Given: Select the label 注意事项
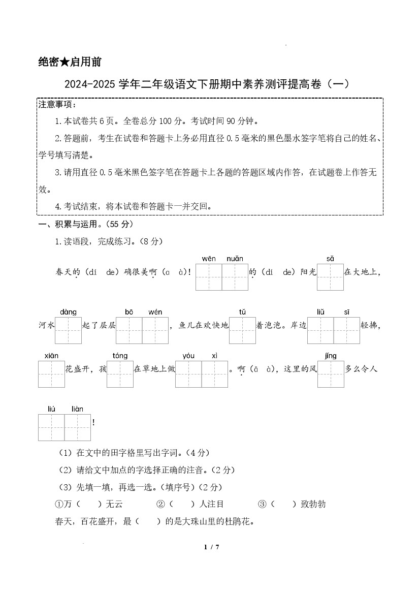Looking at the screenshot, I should point(57,105).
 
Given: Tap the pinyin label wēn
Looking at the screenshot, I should point(209,259).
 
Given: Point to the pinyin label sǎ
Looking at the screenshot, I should point(330,259).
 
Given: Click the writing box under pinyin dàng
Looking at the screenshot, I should point(69,330).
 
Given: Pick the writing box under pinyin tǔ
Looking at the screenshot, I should point(242,330).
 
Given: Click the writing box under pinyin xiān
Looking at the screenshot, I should point(51,374).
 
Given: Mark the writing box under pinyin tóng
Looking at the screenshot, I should point(120,374).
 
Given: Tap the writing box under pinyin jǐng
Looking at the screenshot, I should point(331,374).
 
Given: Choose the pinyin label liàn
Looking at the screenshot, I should point(77,409).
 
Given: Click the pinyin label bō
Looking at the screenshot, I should point(129,312).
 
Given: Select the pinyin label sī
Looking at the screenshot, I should point(347,312).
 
